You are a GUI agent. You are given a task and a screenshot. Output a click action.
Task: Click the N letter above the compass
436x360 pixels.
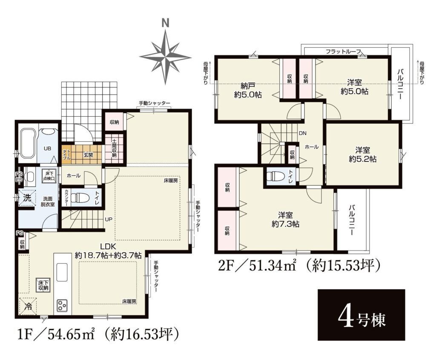(x=166, y=24)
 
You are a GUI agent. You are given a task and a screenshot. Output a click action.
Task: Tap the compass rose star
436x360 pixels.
(x=166, y=58)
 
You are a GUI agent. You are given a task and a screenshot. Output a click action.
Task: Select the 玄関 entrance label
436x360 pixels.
(x=88, y=155)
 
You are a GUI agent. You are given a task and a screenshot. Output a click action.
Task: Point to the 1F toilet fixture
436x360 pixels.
(x=79, y=198)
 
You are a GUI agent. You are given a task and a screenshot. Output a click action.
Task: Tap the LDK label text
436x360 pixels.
(x=108, y=246)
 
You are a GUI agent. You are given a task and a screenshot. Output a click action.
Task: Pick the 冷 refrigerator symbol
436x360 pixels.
(x=28, y=307)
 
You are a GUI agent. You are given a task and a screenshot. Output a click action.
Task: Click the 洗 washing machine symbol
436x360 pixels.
(x=27, y=198)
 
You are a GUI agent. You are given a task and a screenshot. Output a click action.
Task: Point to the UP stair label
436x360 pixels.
(x=109, y=219)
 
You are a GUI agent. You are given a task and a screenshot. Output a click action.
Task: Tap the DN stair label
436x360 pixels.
(x=303, y=133)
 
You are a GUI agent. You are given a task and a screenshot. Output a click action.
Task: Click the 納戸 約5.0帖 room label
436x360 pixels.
(x=248, y=90)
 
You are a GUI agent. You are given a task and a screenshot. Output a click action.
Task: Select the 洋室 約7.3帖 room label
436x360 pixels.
(x=285, y=219)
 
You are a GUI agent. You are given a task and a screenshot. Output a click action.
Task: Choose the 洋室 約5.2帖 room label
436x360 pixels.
(x=363, y=154)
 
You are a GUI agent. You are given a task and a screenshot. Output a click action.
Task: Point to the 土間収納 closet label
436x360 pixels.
(x=114, y=148)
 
